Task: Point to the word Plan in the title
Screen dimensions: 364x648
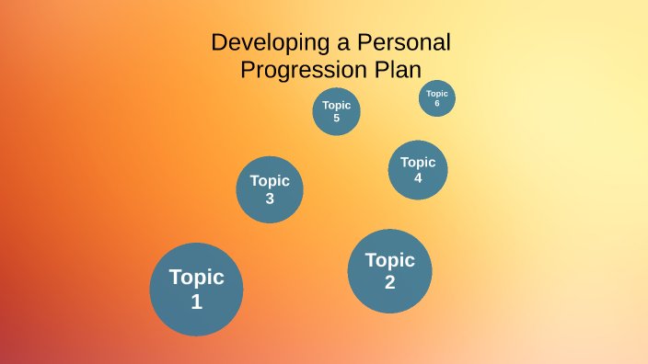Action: (x=395, y=70)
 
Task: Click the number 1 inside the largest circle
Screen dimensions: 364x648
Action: (x=196, y=301)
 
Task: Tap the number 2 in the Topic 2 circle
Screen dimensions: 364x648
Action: (x=389, y=282)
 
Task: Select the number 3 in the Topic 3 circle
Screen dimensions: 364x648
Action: (x=270, y=198)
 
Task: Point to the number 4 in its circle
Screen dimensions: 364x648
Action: (x=418, y=178)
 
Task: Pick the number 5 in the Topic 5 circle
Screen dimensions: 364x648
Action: (x=336, y=118)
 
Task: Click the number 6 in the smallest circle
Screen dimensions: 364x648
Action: (x=437, y=104)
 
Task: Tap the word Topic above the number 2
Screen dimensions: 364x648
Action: (x=389, y=260)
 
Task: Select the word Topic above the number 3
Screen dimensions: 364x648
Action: (x=270, y=181)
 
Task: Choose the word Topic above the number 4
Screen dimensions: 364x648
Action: (x=418, y=163)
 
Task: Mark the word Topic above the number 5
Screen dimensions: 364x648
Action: (x=336, y=105)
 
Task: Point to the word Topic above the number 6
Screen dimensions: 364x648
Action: (x=437, y=94)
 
